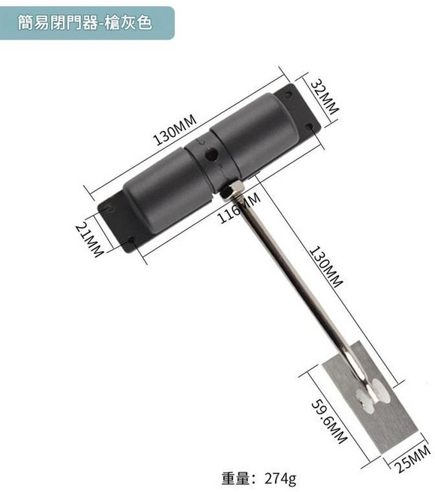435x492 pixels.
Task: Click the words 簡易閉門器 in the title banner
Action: (x=58, y=22)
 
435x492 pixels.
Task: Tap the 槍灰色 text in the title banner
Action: (x=128, y=22)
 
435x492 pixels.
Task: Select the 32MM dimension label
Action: (x=325, y=97)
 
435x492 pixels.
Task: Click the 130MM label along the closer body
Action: (x=175, y=130)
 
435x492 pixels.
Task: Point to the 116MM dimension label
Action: (x=239, y=207)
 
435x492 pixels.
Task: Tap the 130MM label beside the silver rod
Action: (x=326, y=267)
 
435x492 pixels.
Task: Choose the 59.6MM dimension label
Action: (x=329, y=421)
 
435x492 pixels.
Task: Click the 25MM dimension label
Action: (x=412, y=458)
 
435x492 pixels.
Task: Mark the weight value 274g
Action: (x=280, y=479)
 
